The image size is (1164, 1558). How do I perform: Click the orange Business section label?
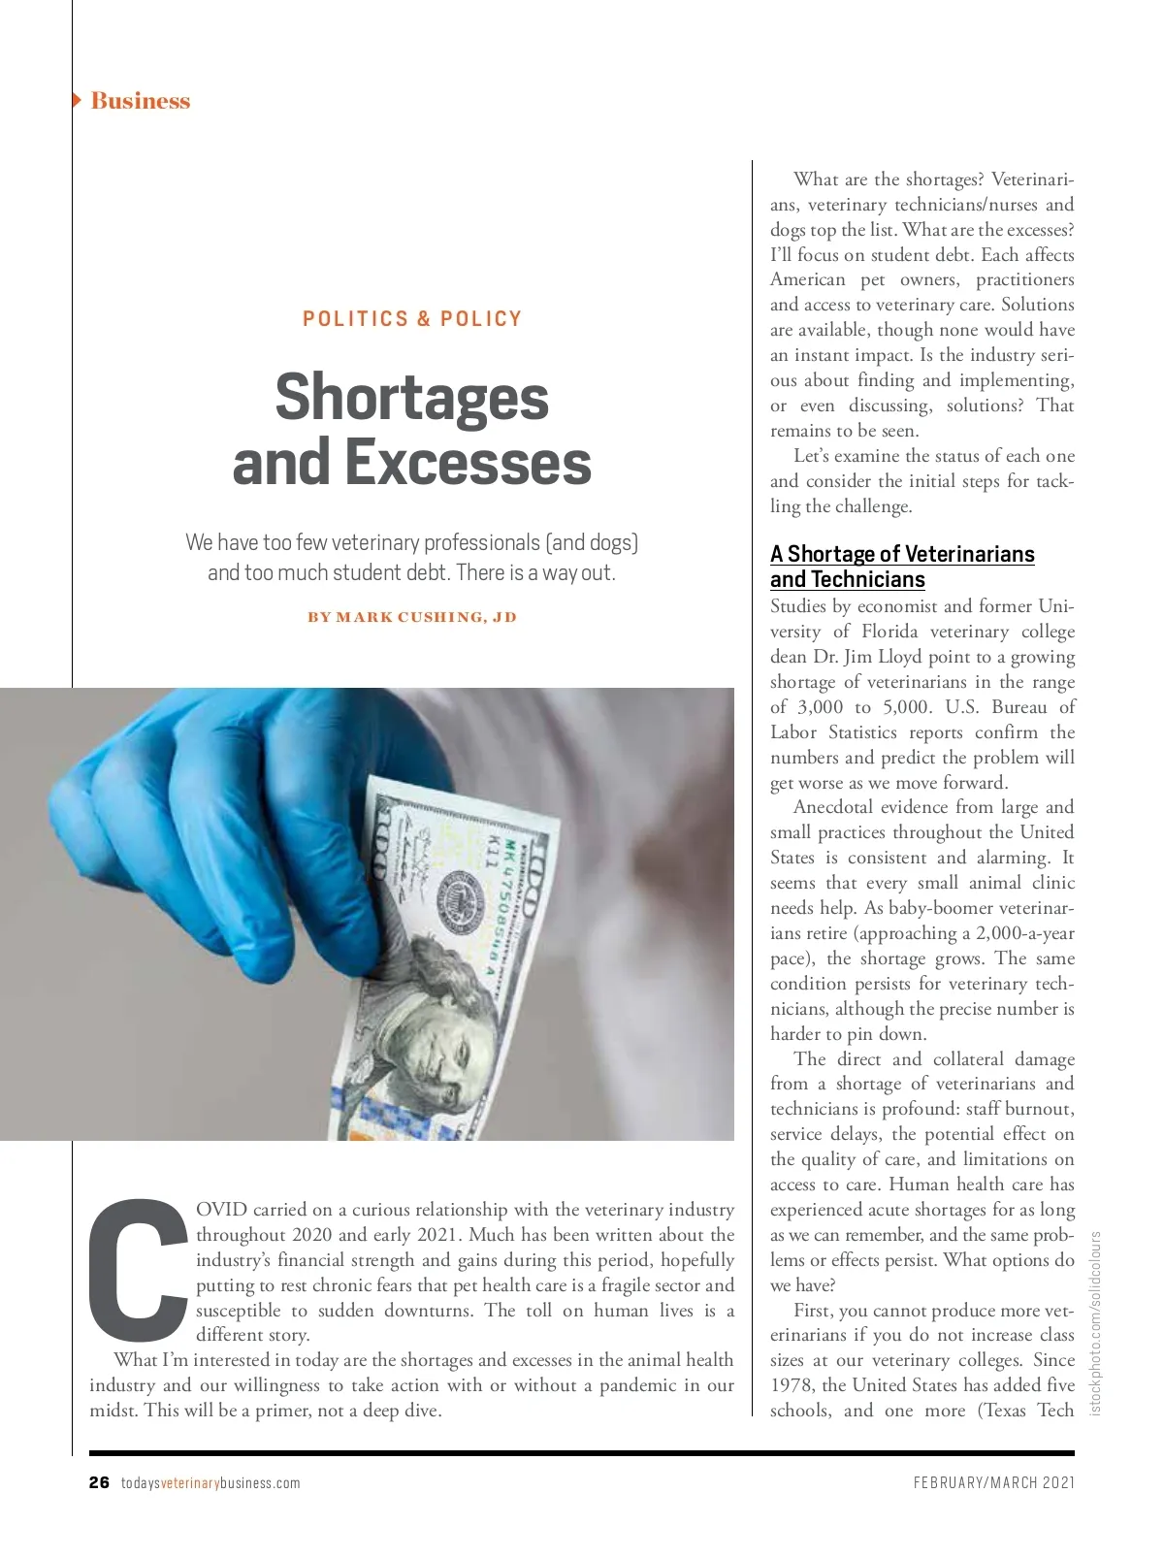tap(141, 101)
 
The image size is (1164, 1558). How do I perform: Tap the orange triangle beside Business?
tap(77, 100)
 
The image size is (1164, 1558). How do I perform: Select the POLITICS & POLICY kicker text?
tap(412, 319)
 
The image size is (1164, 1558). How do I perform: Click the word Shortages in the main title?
tap(412, 397)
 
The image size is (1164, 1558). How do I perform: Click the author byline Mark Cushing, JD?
tap(412, 617)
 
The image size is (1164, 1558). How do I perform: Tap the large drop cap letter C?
tap(139, 1267)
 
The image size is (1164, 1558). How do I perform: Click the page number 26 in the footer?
tap(99, 1482)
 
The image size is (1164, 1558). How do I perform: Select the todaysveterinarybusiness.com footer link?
tap(210, 1483)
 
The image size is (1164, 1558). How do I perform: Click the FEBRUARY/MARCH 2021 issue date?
tap(993, 1482)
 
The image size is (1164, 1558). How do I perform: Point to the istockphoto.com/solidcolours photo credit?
tap(1096, 1323)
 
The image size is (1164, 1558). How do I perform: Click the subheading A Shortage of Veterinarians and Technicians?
tap(902, 567)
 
